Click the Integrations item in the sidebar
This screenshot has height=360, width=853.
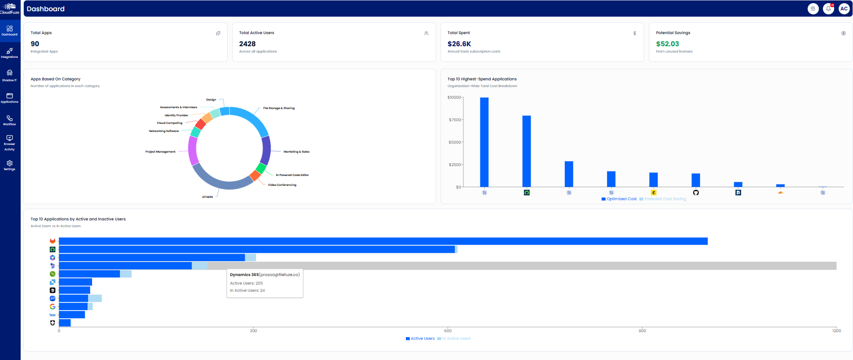pos(9,53)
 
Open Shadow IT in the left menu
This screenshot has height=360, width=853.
pos(9,75)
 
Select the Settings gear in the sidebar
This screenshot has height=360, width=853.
pos(9,165)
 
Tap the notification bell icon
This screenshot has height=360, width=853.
pos(828,9)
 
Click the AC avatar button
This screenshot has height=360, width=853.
pos(844,9)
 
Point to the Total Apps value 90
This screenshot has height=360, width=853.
pos(35,44)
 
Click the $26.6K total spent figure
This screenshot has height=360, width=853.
pos(459,44)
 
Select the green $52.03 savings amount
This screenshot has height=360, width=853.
pos(668,44)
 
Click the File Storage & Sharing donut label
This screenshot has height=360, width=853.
pos(279,108)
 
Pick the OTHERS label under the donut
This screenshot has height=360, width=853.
pos(207,197)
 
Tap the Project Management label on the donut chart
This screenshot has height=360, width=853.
pos(160,152)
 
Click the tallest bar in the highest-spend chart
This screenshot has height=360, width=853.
pos(484,142)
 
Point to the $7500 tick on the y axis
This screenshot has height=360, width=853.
pos(455,120)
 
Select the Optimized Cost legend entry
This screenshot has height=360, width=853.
pos(619,199)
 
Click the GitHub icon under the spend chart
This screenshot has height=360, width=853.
pos(696,193)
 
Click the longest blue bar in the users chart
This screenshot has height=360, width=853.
pos(383,241)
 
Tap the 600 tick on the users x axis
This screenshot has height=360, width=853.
pos(448,331)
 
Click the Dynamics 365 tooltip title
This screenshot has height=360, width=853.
pos(245,275)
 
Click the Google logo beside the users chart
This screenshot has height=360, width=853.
pos(53,307)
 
